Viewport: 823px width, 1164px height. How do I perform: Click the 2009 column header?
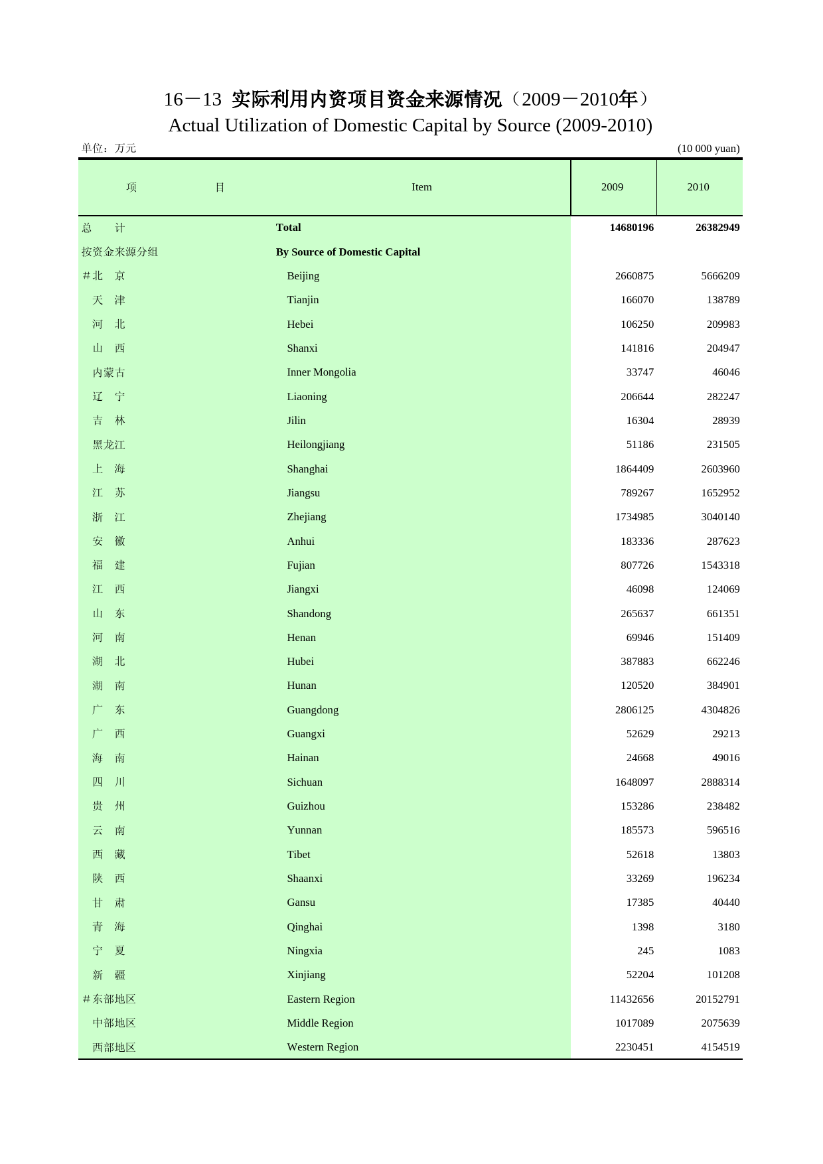coord(612,187)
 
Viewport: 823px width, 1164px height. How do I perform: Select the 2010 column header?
coord(698,187)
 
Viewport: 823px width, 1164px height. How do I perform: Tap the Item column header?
coord(421,187)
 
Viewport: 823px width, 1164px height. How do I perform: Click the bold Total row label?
coord(288,228)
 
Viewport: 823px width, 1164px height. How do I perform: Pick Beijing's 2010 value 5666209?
coord(720,276)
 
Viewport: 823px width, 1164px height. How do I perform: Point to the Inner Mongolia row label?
coord(321,372)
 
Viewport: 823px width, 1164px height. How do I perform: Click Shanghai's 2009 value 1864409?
coord(635,469)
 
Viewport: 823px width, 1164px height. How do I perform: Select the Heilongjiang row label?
coord(315,445)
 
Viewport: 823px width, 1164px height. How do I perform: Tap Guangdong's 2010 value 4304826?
coord(720,710)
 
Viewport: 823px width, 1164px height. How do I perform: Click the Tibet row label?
coord(298,855)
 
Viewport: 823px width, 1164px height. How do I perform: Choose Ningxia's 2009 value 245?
coord(645,951)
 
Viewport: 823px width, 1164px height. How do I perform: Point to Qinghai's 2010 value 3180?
coord(728,927)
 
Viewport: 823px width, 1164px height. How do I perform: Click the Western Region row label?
coord(323,1047)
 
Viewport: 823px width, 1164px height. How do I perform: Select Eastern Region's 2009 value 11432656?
coord(631,999)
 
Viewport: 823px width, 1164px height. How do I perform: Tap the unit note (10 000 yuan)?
coord(708,149)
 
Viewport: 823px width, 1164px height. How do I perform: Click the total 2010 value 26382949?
coord(717,228)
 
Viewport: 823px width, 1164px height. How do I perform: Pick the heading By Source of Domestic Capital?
coord(348,252)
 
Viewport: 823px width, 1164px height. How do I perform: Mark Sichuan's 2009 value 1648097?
coord(635,782)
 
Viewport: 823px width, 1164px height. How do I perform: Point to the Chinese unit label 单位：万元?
coord(109,149)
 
